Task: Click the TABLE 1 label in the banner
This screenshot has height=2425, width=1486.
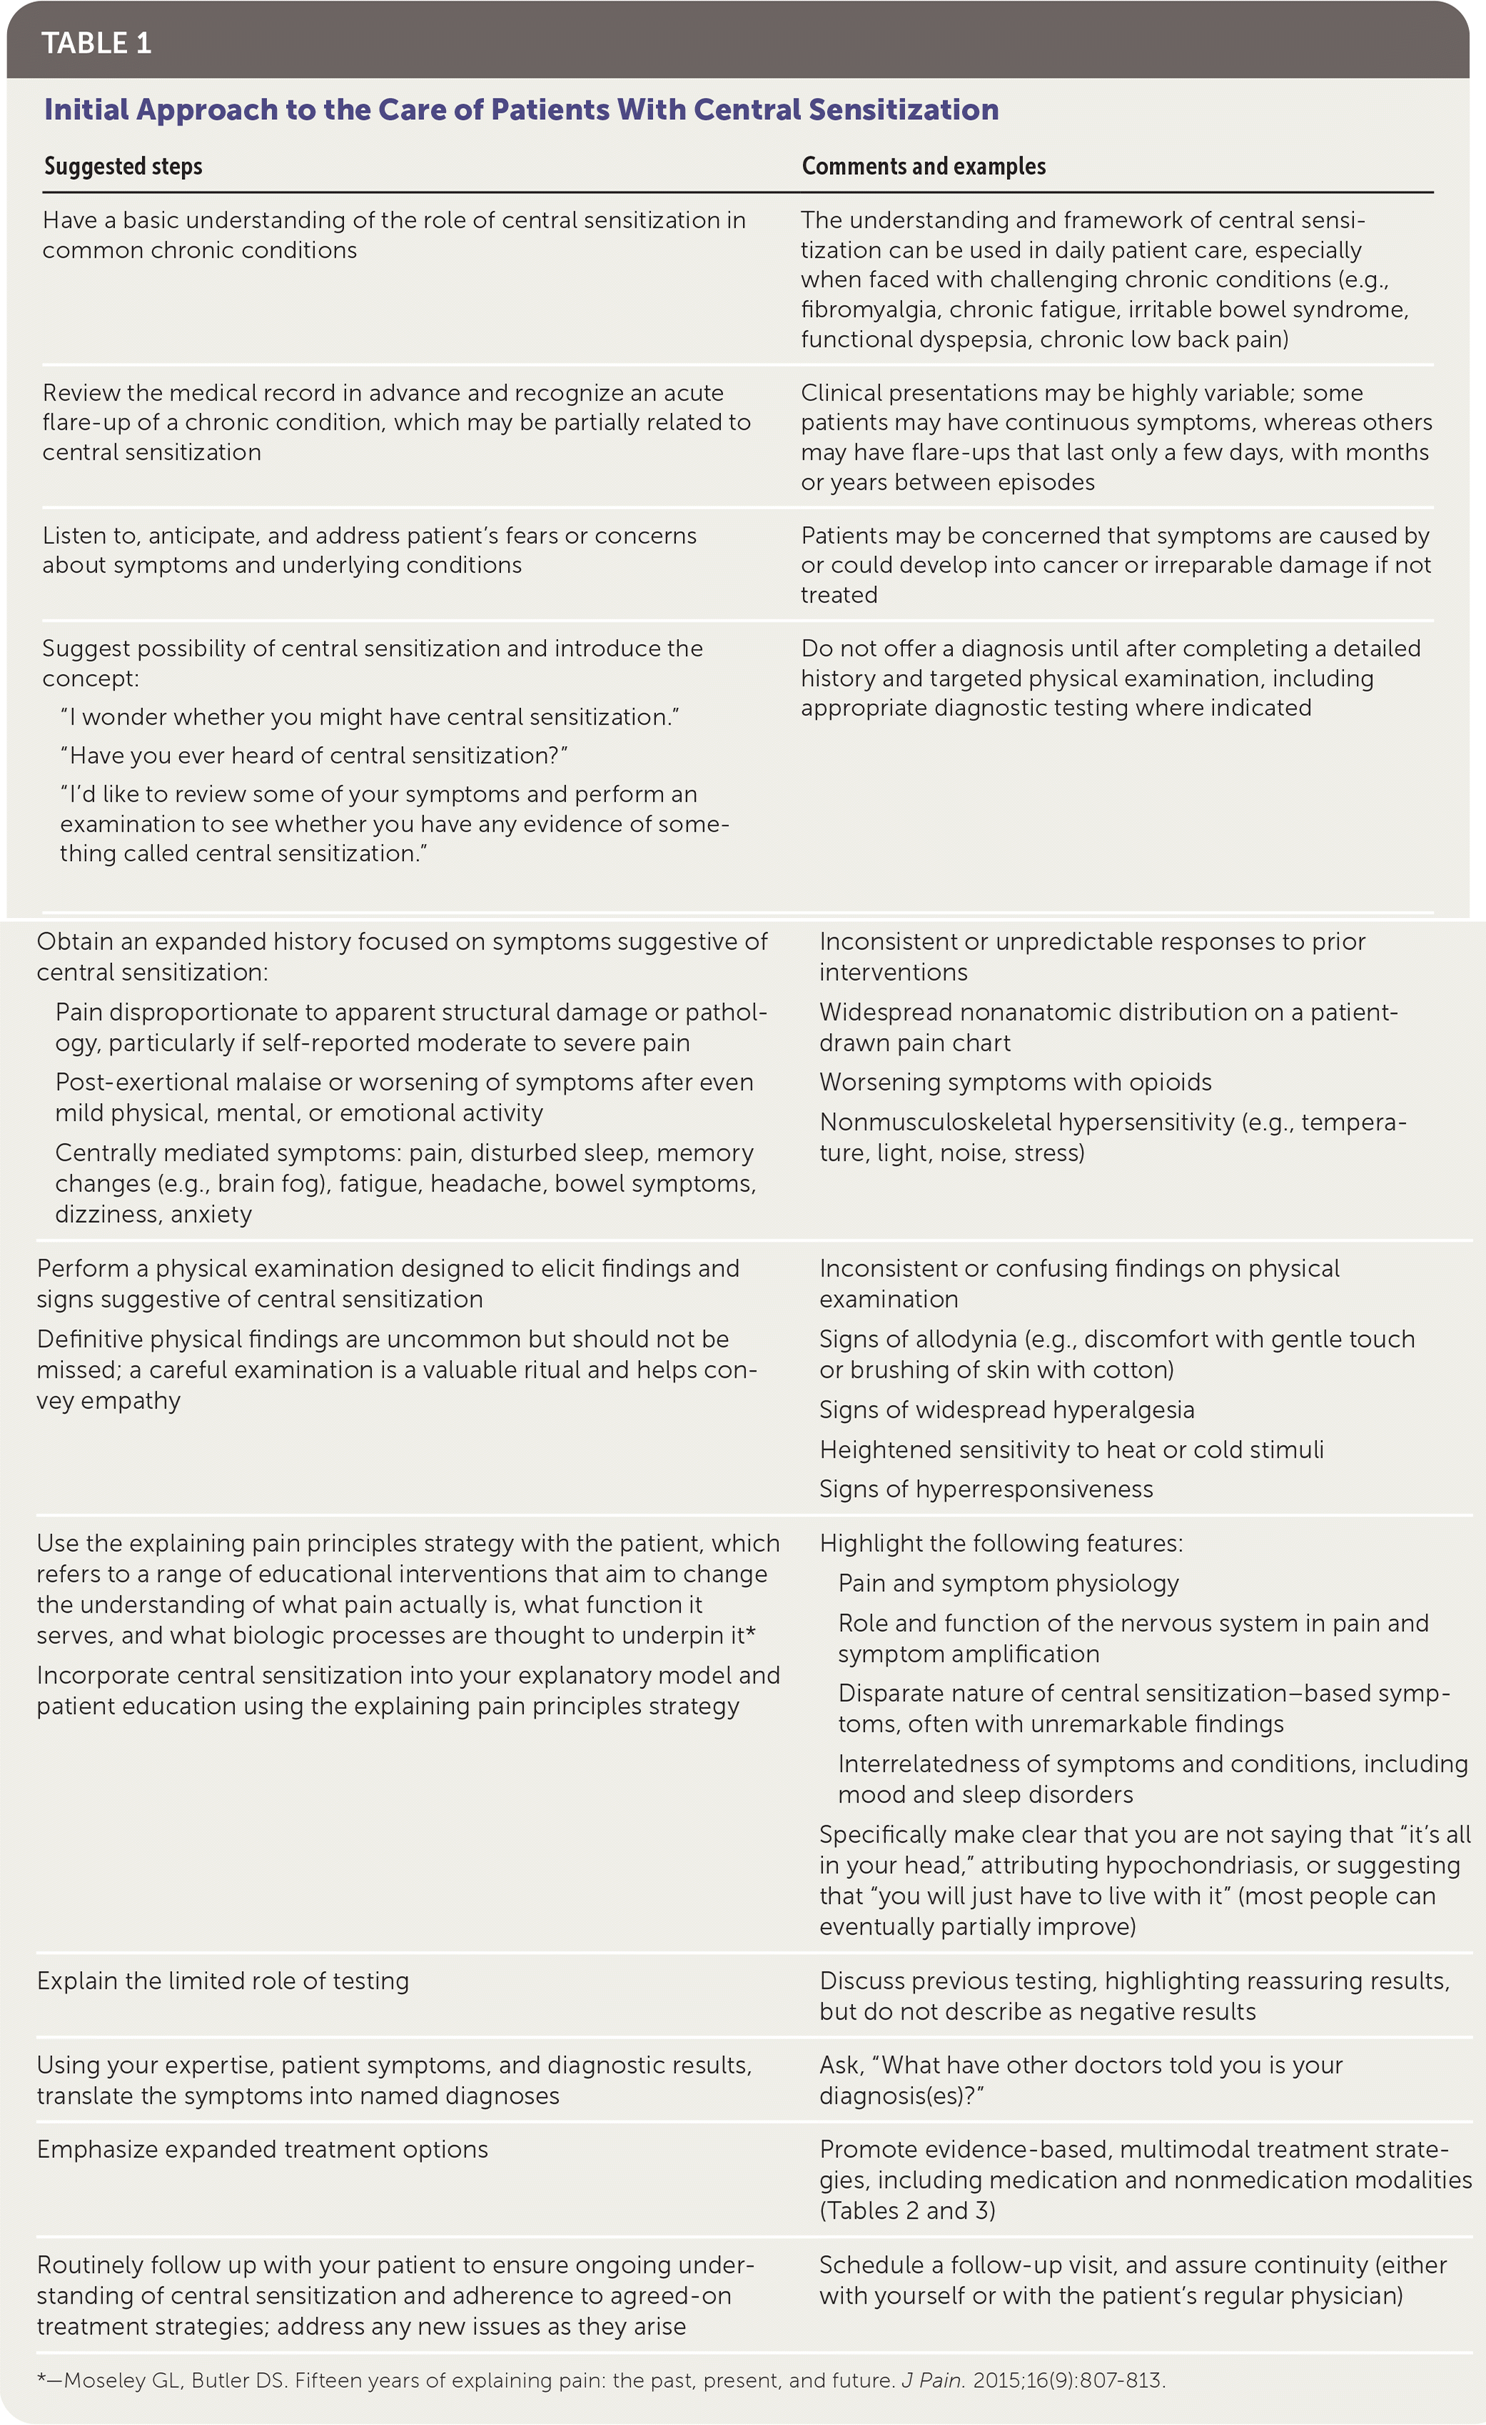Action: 96,44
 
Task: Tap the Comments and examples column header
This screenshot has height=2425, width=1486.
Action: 923,166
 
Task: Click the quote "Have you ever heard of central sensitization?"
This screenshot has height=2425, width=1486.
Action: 314,756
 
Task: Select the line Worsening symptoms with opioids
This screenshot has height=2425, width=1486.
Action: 1015,1083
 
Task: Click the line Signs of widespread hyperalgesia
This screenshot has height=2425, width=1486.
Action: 1006,1411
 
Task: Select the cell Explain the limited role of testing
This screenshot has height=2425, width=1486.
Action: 223,1981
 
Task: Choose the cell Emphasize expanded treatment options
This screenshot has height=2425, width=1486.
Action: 262,2149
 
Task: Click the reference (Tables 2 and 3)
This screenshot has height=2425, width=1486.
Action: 906,2210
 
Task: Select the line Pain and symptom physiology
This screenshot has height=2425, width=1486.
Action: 1008,1583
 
